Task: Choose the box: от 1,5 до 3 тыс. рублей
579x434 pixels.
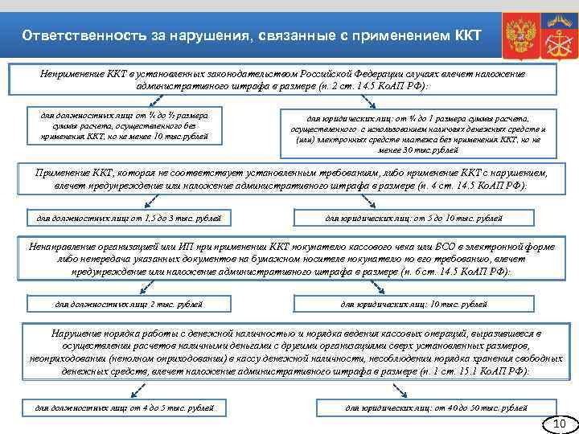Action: point(124,217)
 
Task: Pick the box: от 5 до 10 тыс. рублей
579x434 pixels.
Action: point(413,217)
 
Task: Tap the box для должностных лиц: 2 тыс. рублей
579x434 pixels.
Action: point(127,304)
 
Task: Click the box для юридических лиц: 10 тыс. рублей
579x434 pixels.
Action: point(413,304)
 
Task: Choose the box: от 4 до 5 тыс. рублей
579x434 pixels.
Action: point(124,407)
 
